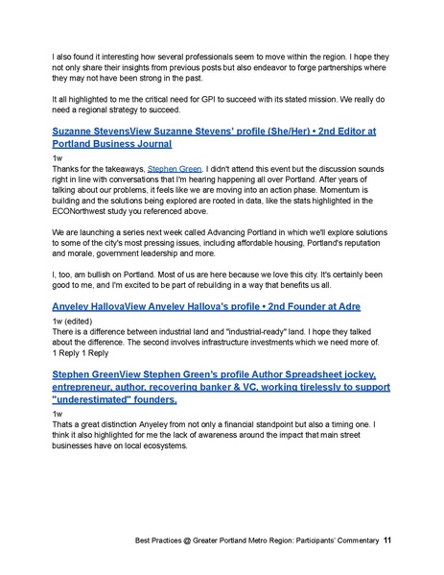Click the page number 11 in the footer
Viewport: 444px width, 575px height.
(386, 540)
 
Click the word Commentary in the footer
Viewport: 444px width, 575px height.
(350, 540)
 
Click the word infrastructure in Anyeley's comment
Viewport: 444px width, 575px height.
(231, 342)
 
